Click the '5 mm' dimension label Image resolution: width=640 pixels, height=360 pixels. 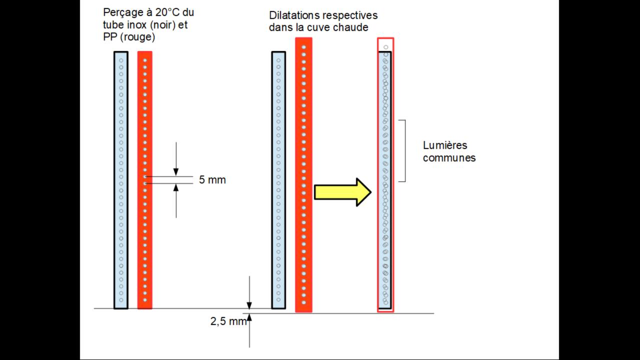pyautogui.click(x=212, y=180)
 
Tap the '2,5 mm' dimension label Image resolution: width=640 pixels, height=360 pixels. pyautogui.click(x=228, y=321)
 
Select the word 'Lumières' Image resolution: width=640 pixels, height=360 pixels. pyautogui.click(x=445, y=145)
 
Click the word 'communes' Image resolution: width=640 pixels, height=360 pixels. pyautogui.click(x=449, y=158)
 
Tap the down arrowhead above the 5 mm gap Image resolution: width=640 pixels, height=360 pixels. pyautogui.click(x=176, y=171)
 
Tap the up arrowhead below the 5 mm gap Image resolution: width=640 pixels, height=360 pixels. pyautogui.click(x=176, y=188)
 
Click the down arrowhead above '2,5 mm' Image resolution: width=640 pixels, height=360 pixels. pyautogui.click(x=249, y=306)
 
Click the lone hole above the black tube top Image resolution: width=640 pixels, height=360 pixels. pyautogui.click(x=385, y=47)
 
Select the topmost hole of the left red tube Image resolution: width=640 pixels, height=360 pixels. pyautogui.click(x=145, y=60)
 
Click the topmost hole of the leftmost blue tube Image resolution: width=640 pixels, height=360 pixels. pyautogui.click(x=121, y=60)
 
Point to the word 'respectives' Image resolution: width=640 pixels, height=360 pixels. pyautogui.click(x=353, y=16)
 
